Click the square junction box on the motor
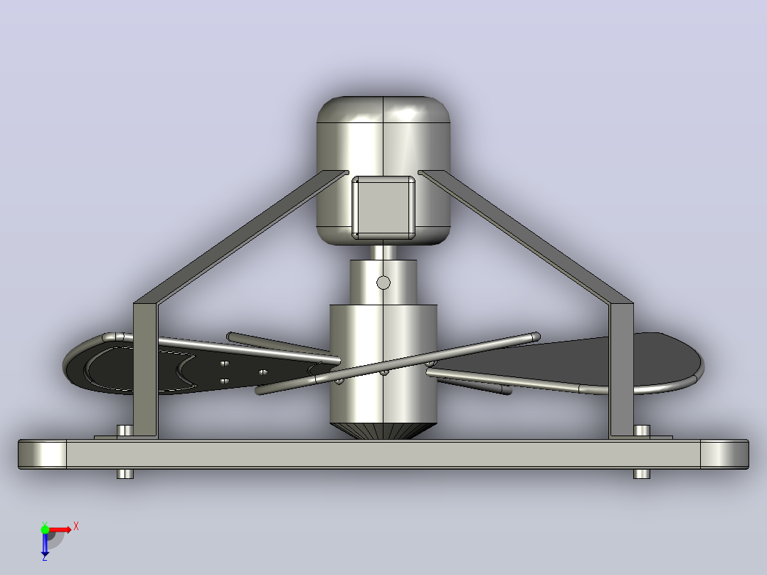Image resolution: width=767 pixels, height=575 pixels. click(x=383, y=208)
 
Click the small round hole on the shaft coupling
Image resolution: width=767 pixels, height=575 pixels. click(x=383, y=283)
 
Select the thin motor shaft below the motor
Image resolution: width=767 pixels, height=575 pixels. click(x=383, y=252)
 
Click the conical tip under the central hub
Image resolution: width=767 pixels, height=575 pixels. click(x=383, y=431)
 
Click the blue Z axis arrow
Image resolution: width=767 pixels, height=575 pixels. click(x=45, y=543)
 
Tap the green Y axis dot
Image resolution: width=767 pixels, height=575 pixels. click(x=45, y=529)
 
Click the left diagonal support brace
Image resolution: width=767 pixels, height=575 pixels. click(x=241, y=237)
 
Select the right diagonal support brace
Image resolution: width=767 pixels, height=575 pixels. click(x=526, y=237)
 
